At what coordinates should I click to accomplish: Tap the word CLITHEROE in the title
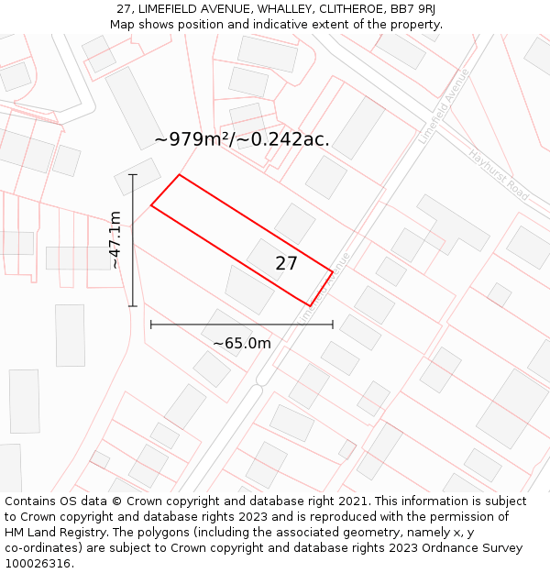[349, 9]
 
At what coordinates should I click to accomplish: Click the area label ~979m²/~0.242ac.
[242, 139]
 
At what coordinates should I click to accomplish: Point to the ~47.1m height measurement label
[115, 239]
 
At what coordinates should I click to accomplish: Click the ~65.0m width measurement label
[242, 343]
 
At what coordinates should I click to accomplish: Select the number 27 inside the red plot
[286, 263]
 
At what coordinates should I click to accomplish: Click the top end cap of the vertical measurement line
[133, 174]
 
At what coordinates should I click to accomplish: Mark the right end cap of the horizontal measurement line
[333, 325]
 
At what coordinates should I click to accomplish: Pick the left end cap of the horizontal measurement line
[151, 325]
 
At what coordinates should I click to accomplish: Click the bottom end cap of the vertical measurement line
[133, 306]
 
